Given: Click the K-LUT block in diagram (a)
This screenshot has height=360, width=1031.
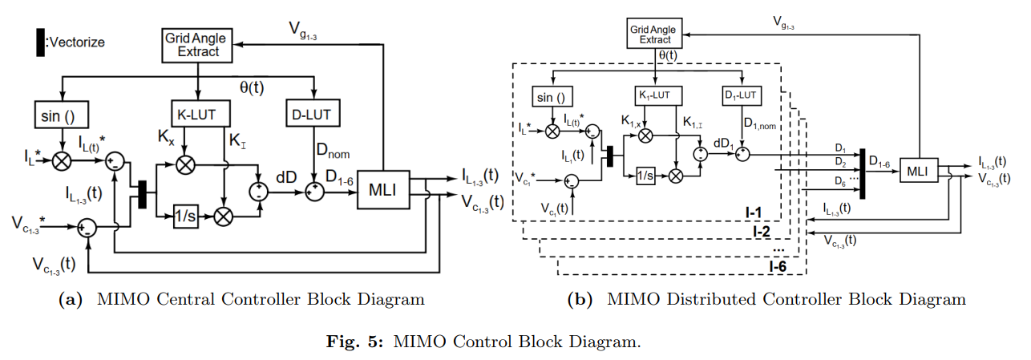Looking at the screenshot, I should (x=199, y=112).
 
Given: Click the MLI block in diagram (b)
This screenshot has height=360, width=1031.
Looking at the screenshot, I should (x=917, y=171).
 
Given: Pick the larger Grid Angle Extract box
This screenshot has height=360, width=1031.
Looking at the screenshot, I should (x=196, y=44).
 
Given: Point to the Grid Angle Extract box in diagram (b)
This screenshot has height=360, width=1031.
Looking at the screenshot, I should (x=656, y=34).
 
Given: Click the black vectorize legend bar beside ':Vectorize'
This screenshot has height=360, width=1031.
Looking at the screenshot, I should (x=39, y=42).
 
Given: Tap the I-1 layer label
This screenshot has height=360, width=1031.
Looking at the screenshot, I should (x=755, y=212).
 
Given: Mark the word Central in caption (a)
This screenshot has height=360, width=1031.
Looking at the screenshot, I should (x=175, y=300).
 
